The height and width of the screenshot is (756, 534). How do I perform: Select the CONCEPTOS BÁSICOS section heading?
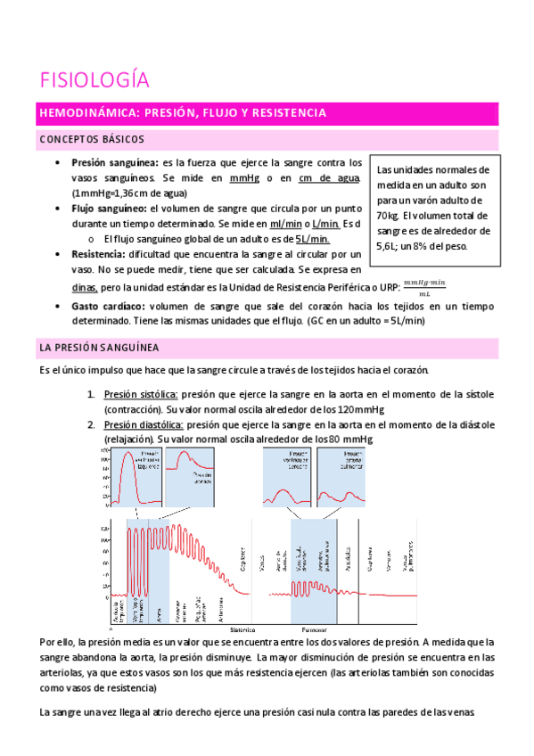(x=91, y=140)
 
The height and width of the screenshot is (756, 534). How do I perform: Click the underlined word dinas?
(x=85, y=288)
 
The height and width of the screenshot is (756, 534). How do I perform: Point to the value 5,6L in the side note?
(x=389, y=246)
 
